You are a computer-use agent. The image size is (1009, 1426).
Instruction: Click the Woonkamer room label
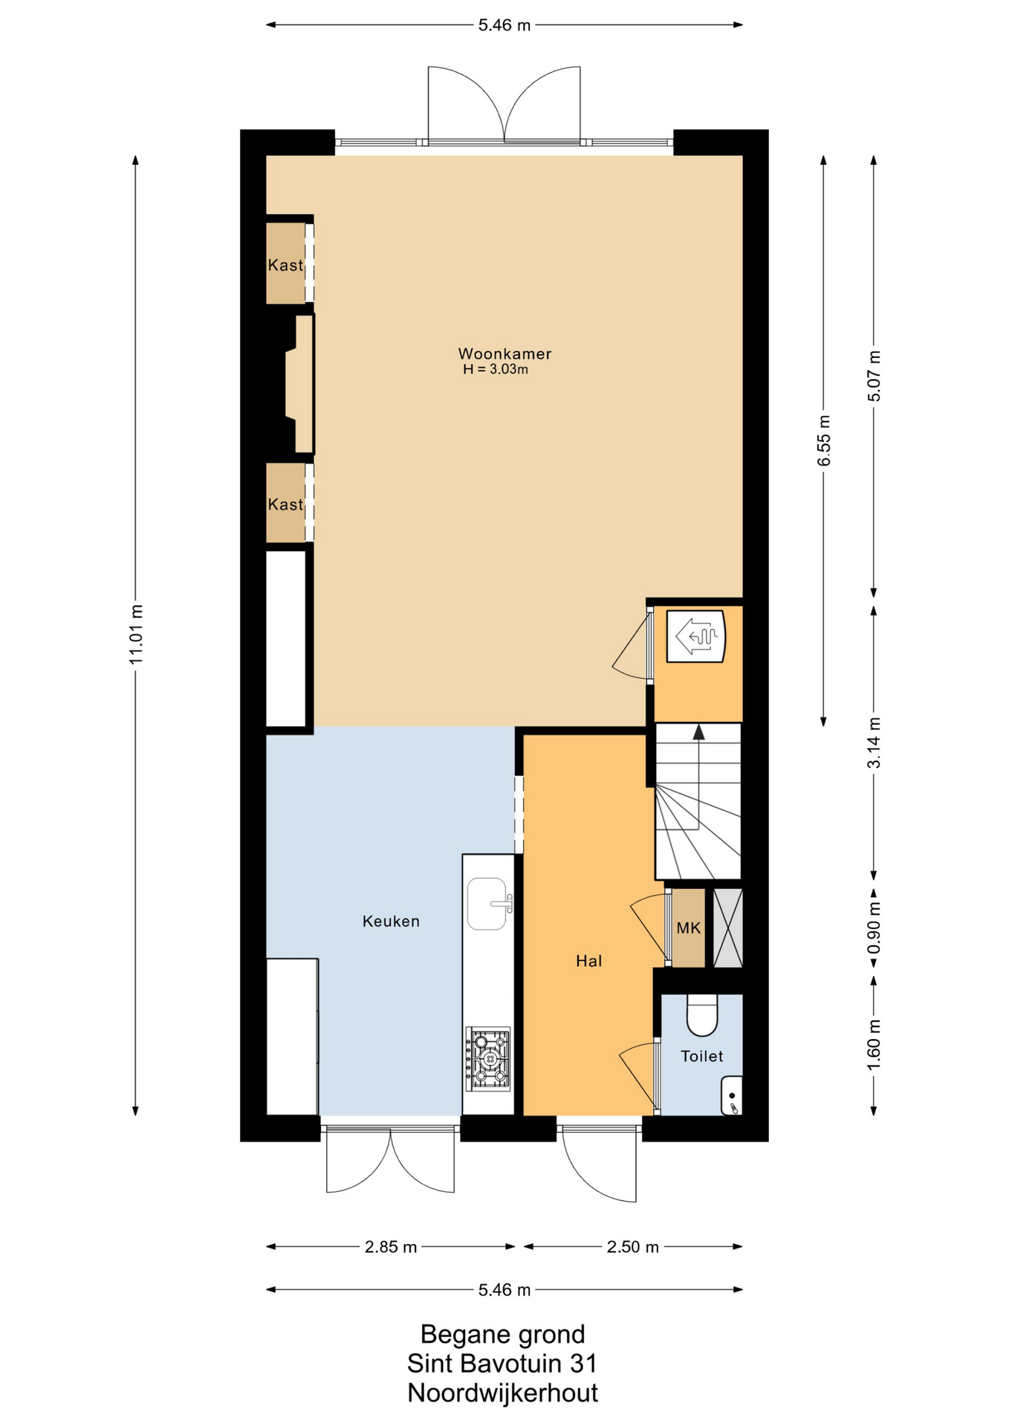(x=504, y=354)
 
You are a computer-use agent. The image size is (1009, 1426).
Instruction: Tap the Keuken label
(x=391, y=921)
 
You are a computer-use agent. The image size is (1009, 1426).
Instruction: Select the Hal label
(x=588, y=961)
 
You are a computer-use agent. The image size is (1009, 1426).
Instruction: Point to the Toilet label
(x=701, y=1056)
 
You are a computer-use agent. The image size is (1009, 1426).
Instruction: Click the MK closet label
(x=688, y=928)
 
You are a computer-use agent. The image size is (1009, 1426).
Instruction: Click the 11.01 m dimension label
(x=135, y=634)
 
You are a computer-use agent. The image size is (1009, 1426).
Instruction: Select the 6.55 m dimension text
(x=824, y=440)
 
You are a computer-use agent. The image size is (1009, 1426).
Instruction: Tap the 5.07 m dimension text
(x=874, y=376)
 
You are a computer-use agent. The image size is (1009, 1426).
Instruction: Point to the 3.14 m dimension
(x=874, y=743)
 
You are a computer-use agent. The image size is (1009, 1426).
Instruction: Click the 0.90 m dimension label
(x=874, y=928)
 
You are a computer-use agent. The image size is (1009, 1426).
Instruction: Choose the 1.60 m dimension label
(x=874, y=1045)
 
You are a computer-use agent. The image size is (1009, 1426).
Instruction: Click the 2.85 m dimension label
(x=391, y=1247)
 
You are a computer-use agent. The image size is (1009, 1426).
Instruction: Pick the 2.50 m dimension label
(x=633, y=1247)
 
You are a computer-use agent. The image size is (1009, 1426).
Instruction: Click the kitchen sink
(x=488, y=904)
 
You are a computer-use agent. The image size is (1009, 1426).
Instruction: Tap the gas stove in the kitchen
(x=488, y=1058)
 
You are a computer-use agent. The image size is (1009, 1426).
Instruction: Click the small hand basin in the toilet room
(x=732, y=1095)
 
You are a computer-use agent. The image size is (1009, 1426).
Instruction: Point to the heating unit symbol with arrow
(x=695, y=636)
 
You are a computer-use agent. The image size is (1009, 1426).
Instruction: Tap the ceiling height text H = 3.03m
(x=496, y=369)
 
